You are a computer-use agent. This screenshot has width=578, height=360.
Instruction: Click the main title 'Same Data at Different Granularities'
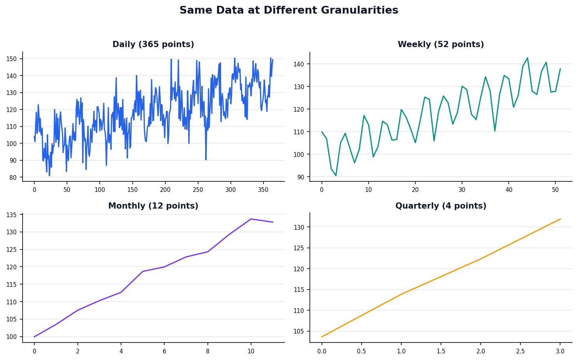pos(289,11)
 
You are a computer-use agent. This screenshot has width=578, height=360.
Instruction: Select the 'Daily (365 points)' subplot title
pos(153,45)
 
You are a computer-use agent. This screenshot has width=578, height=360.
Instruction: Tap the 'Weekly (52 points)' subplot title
pos(441,45)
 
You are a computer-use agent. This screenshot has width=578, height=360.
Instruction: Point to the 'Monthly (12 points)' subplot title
pos(153,206)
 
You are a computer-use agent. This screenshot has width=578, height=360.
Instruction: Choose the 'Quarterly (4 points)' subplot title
pos(441,206)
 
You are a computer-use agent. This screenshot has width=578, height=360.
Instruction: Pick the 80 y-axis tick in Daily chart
pos(16,177)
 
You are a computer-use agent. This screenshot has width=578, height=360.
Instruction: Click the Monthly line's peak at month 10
pos(251,219)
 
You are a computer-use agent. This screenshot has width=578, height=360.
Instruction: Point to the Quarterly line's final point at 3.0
pos(560,219)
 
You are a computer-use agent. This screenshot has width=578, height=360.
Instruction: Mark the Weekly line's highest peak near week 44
pos(527,58)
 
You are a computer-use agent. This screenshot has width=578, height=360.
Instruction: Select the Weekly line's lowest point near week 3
pos(336,176)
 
